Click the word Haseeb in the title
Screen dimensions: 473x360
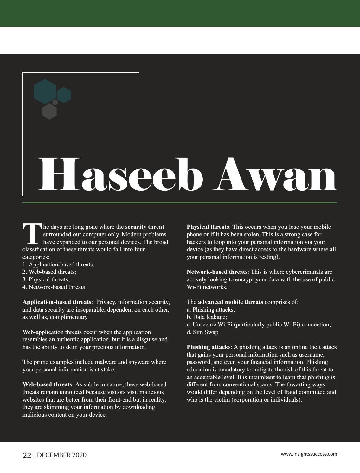pos(120,174)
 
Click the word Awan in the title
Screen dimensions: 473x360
pos(274,174)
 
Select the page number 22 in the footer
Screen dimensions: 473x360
pos(27,455)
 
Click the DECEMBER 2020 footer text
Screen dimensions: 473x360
pos(62,455)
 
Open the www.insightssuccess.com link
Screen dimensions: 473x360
pos(309,454)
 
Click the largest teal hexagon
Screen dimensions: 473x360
pos(45,91)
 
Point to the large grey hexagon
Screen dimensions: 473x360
pos(49,111)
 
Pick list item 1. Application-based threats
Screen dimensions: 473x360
pos(58,264)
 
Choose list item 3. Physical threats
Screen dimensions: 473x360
pos(46,279)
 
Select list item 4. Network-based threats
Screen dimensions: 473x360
pos(54,287)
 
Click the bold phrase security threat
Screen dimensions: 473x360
pos(145,227)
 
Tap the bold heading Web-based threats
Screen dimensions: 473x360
pos(47,384)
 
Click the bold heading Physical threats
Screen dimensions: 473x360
pos(208,227)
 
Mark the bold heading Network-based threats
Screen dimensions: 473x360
pos(217,272)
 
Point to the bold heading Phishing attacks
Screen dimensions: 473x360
pos(209,347)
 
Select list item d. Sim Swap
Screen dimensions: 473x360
pos(202,332)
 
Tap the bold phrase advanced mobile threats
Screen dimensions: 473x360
pos(230,302)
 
